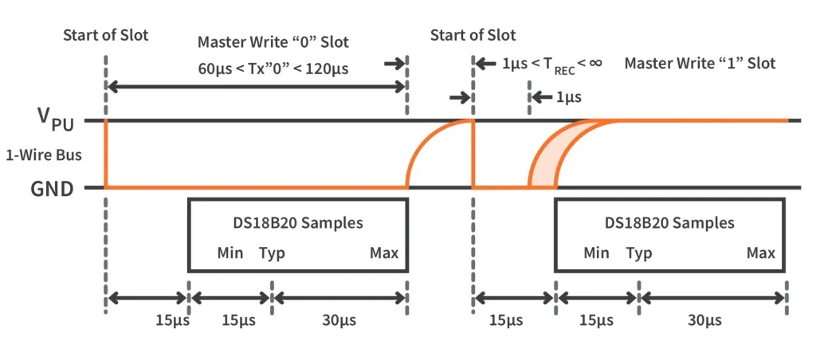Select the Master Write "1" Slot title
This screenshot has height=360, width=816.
click(x=700, y=62)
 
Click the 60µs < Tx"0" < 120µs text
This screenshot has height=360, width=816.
click(x=273, y=68)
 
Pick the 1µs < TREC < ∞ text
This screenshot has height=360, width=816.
click(x=550, y=63)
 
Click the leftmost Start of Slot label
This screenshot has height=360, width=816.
click(x=105, y=35)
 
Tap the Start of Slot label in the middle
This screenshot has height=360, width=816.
click(x=473, y=35)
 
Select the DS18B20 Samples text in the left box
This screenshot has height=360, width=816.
click(x=297, y=223)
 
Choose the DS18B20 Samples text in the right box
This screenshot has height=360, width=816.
click(x=669, y=223)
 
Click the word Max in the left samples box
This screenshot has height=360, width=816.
click(x=383, y=253)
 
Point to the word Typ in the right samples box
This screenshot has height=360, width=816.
click(x=638, y=253)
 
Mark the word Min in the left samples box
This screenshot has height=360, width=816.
click(x=230, y=253)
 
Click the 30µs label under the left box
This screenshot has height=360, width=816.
click(x=339, y=320)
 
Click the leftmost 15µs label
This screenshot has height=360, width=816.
click(x=170, y=320)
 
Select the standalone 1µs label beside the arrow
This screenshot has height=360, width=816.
click(x=567, y=98)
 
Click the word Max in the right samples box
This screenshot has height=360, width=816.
click(x=761, y=253)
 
